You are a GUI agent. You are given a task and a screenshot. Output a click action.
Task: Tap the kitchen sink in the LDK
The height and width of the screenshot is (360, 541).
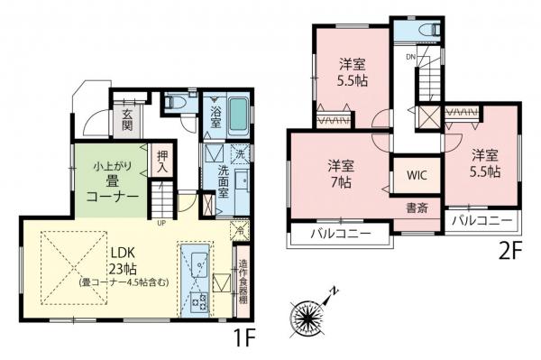(197, 263)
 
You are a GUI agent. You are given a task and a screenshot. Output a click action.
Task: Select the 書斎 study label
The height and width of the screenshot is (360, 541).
(417, 208)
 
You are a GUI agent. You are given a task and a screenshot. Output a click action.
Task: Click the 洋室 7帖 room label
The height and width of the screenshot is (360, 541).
(341, 173)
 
